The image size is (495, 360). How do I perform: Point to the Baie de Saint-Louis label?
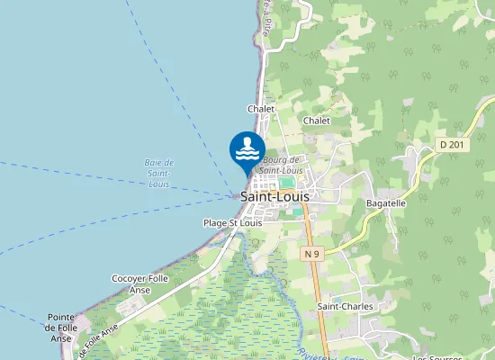tap(159, 173)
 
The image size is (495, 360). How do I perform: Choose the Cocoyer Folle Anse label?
tap(139, 284)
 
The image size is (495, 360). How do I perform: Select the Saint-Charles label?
tap(345, 307)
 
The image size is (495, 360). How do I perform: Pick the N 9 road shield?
tap(312, 254)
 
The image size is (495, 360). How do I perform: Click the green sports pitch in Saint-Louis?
tap(287, 182)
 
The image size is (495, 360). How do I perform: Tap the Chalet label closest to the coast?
tap(261, 109)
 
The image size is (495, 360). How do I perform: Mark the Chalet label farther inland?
tap(317, 120)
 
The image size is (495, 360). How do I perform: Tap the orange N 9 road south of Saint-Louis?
tap(316, 288)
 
